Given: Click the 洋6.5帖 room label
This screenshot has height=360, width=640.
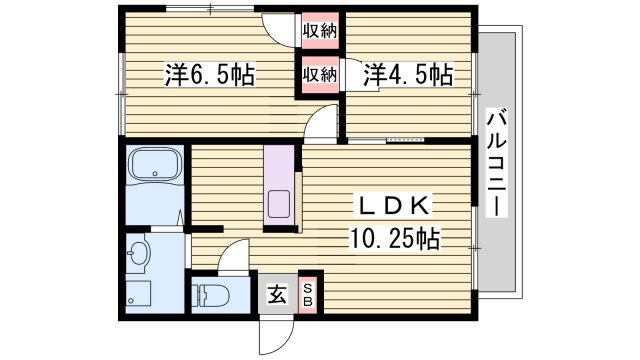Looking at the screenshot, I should coord(209,74).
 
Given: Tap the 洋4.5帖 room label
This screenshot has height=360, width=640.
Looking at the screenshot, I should coord(407,74).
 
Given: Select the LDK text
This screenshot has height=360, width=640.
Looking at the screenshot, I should coord(394,206).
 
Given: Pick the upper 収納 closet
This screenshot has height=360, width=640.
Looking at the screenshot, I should coord(321,30).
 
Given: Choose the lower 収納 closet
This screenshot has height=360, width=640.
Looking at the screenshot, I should coord(321,75).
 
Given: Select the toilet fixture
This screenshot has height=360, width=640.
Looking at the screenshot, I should coord(209,296).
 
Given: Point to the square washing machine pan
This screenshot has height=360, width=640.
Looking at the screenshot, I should coord(137,296).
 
